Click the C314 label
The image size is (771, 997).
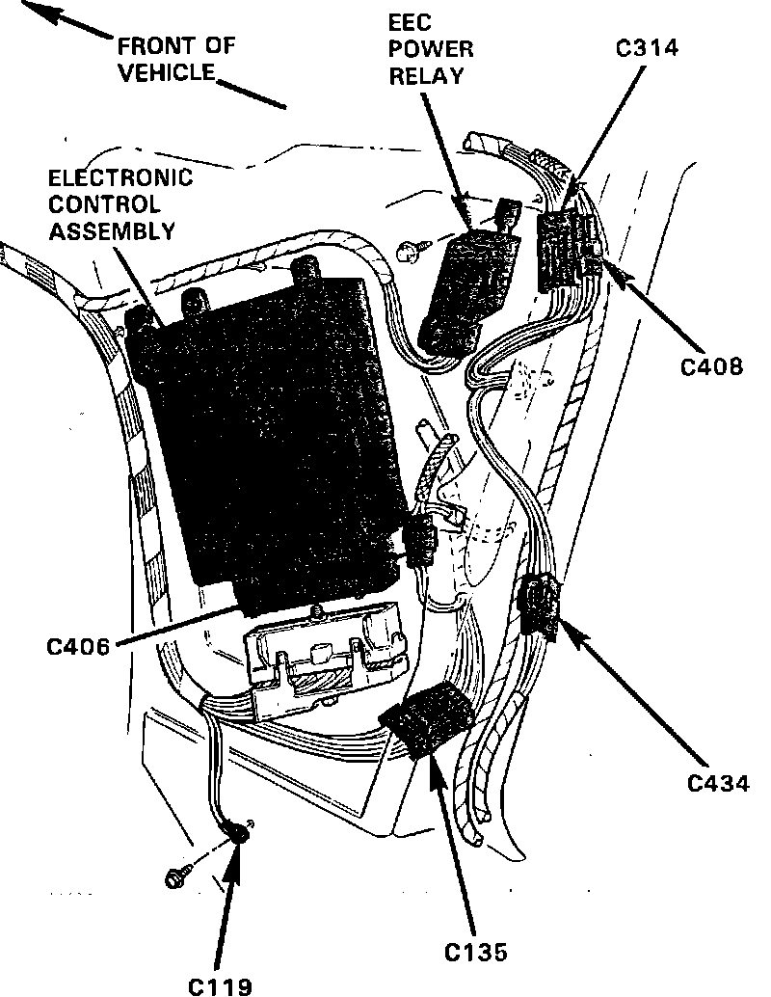[x=648, y=48]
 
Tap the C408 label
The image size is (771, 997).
[x=712, y=366]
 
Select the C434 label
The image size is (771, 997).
[x=718, y=782]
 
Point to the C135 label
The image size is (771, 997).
[x=475, y=953]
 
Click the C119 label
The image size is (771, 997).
[x=220, y=985]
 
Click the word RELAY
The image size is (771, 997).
[x=426, y=74]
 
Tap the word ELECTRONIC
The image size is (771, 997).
[x=120, y=179]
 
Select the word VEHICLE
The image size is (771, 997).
[x=165, y=72]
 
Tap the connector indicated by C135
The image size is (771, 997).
[x=426, y=719]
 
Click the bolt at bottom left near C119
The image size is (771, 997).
[x=177, y=877]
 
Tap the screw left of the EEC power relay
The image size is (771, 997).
[x=409, y=252]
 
